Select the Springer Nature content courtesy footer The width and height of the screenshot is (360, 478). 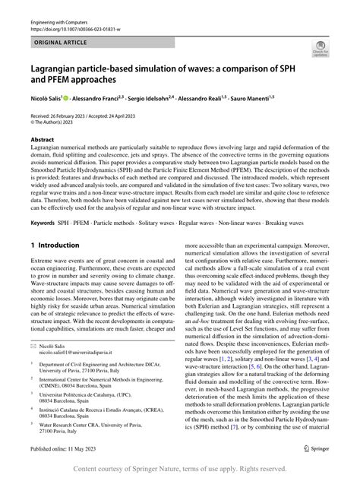pyautogui.click(x=180, y=470)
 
